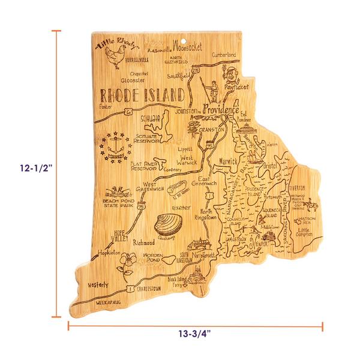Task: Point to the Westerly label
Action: coord(98,284)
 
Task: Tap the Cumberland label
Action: coord(223,55)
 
